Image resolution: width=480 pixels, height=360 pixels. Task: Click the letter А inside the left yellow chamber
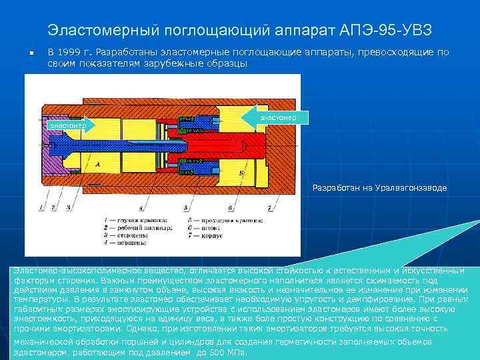[x=98, y=163]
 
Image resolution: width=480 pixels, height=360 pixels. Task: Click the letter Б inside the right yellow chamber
[x=239, y=171]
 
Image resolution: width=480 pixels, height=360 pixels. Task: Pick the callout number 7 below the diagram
[x=269, y=209]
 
